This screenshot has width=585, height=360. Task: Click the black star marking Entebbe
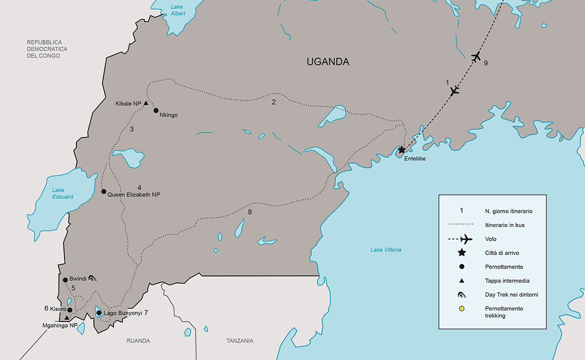point(401,149)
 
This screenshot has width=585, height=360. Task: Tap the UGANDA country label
point(327,62)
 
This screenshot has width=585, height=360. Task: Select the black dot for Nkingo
point(155,110)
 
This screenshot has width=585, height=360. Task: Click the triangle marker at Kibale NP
point(145,103)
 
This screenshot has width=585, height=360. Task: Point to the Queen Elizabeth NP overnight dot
point(103,191)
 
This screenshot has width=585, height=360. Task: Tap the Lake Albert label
point(177,10)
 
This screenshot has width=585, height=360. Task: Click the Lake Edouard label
point(63,193)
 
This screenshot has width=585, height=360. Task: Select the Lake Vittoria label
point(385,249)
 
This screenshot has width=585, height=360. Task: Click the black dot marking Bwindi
point(65,280)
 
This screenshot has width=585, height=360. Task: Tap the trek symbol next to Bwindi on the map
point(93,279)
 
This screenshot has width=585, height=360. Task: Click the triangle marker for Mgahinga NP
point(66,317)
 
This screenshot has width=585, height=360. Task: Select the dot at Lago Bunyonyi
point(99,313)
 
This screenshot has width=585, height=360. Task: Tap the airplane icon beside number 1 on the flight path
point(454,90)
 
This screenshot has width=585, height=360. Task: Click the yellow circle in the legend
point(462,308)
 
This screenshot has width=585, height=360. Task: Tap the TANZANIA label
point(239,341)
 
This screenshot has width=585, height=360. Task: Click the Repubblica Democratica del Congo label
point(47,49)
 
